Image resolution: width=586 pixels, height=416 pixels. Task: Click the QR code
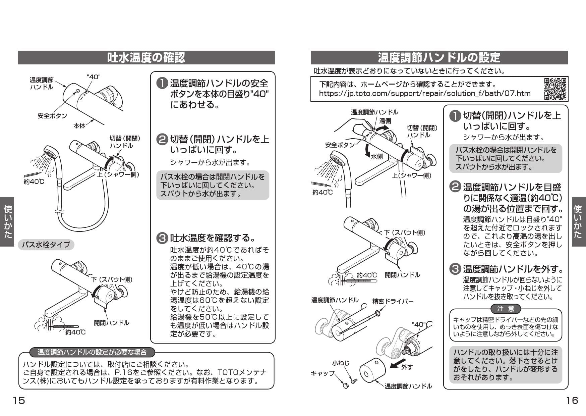pos(555,89)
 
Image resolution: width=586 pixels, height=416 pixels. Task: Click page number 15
pos(19,400)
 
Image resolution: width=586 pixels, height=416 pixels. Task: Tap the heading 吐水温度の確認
pos(146,57)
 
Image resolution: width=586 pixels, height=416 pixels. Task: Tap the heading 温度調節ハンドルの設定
pos(439,57)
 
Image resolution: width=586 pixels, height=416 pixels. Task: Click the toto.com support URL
pos(424,93)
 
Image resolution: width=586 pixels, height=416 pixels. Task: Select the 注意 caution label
pos(506,309)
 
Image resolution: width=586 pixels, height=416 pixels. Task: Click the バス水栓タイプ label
pos(46,245)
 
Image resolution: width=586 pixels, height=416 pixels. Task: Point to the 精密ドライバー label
pos(393,301)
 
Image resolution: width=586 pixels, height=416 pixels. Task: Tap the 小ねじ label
pos(341,363)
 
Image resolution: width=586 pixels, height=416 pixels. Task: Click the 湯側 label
pos(385,121)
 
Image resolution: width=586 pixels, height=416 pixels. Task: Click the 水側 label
pos(377,156)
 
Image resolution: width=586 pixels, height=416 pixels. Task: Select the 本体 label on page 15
pos(79,126)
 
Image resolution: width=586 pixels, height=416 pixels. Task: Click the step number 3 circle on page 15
pos(162,238)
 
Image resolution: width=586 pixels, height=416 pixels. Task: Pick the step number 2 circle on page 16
pos(455,187)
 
